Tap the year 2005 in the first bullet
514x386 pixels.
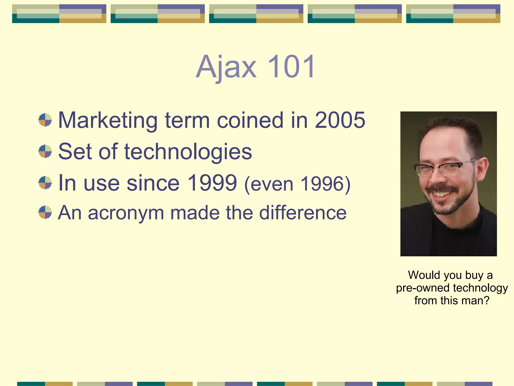click(x=340, y=120)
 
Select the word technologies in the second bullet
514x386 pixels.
click(x=188, y=152)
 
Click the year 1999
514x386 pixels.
click(x=212, y=183)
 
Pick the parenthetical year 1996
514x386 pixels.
click(x=322, y=184)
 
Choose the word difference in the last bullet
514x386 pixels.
click(x=303, y=213)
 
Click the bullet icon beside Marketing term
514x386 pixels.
click(x=45, y=120)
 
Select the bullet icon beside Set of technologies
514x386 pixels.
click(x=45, y=151)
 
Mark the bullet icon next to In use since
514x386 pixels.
click(x=45, y=183)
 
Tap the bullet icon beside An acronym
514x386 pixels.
click(x=45, y=212)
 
